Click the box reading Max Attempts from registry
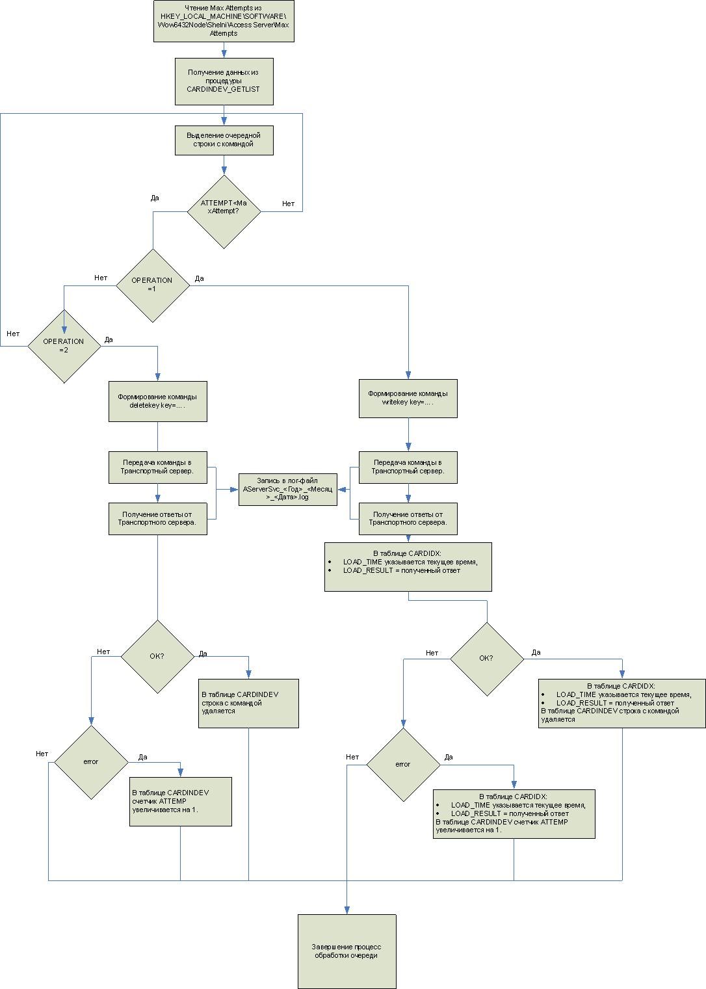pos(224,21)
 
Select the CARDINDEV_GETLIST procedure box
pos(224,81)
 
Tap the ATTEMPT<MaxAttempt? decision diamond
pos(224,211)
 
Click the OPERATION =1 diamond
pos(152,285)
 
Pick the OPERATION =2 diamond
pos(64,346)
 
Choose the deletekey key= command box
pos(157,401)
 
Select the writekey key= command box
pos(408,398)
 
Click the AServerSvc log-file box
pos(287,489)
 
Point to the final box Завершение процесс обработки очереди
pos(346,951)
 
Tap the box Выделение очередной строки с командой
pos(224,140)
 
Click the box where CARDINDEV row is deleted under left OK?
pos(248,703)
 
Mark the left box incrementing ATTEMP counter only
pos(180,801)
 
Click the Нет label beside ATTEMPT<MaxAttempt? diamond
pos(288,204)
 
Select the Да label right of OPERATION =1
pos(199,278)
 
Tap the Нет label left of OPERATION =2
pos(13,334)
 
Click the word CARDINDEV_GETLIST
pos(223,89)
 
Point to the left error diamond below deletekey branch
pos(90,762)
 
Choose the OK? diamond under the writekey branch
pos(486,659)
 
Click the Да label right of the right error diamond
pos(449,758)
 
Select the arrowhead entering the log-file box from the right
pos(341,489)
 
